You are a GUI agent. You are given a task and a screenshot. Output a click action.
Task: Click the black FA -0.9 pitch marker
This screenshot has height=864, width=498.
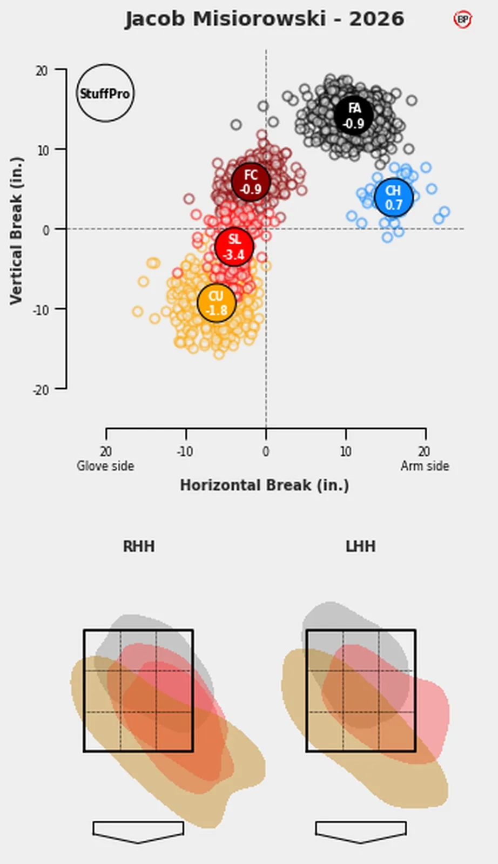tap(354, 115)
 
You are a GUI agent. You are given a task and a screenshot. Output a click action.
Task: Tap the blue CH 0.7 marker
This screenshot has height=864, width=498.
tap(393, 198)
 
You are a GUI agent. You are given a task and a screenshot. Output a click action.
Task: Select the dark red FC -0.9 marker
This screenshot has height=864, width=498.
tap(251, 181)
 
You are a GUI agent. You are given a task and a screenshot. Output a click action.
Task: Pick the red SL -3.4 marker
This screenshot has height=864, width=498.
tap(234, 246)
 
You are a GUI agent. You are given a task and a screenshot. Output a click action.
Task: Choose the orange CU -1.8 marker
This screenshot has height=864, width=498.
tap(217, 303)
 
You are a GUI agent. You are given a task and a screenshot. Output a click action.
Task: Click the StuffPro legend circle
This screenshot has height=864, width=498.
tap(105, 93)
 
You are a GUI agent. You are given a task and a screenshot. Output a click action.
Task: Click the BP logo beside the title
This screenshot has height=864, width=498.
tap(462, 19)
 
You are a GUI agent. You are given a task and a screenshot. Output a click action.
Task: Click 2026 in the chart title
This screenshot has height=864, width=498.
tap(376, 19)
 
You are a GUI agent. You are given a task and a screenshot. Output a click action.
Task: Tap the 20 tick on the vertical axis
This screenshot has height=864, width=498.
tap(42, 71)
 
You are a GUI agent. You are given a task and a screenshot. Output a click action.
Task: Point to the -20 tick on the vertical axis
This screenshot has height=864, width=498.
tap(41, 390)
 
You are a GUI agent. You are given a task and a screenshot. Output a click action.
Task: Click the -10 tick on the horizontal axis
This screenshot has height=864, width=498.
tap(185, 451)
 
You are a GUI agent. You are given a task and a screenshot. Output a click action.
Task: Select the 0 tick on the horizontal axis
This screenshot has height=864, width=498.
tap(266, 451)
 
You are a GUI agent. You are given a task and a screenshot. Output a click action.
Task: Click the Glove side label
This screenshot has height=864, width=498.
tap(105, 466)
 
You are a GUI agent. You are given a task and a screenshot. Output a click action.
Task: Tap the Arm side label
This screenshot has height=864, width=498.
tap(425, 466)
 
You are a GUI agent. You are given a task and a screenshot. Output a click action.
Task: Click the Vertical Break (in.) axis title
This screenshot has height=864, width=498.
tap(17, 231)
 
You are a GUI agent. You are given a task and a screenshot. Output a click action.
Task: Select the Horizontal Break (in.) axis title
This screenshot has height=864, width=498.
tap(265, 485)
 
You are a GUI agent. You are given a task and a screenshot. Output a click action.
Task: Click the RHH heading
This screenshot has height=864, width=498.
tap(139, 546)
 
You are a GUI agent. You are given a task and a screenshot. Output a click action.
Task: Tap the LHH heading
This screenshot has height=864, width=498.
tap(361, 546)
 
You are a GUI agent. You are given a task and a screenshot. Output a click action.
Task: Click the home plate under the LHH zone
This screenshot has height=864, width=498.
tap(361, 832)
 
